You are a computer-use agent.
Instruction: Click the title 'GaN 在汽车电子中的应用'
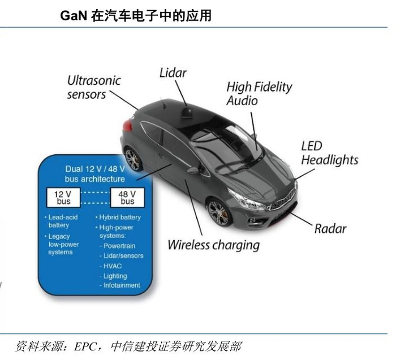pos(136,16)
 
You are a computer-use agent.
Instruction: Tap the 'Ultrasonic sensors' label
pos(93,87)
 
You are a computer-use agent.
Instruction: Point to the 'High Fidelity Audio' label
pos(259,93)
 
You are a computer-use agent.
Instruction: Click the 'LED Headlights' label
pos(329,153)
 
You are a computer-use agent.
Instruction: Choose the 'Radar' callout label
pos(330,228)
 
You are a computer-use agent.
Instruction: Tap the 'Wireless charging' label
pos(213,245)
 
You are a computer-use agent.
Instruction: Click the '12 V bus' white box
pos(62,198)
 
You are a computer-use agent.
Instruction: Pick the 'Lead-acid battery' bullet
pos(62,221)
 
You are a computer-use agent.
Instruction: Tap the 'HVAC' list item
pos(113,266)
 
